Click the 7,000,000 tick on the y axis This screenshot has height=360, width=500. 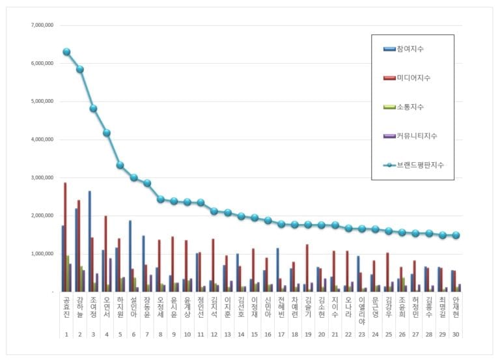(x=41, y=25)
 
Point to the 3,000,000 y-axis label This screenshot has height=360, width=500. (x=41, y=177)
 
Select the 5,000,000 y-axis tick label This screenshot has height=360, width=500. (x=41, y=102)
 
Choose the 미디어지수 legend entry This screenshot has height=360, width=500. (x=417, y=78)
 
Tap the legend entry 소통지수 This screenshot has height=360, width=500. (x=414, y=107)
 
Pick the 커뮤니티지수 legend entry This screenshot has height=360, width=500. (x=420, y=135)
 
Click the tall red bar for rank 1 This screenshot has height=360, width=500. (x=65, y=237)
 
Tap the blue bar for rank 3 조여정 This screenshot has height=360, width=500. (x=89, y=241)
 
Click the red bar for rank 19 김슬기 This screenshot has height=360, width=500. (x=307, y=268)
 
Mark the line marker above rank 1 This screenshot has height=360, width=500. (x=66, y=51)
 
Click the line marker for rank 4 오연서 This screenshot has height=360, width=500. (x=107, y=133)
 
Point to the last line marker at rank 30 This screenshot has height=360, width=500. (x=456, y=236)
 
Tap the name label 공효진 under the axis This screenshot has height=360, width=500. (x=66, y=309)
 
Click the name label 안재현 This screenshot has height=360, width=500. (x=456, y=309)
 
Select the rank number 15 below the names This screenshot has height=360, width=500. (x=255, y=333)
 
